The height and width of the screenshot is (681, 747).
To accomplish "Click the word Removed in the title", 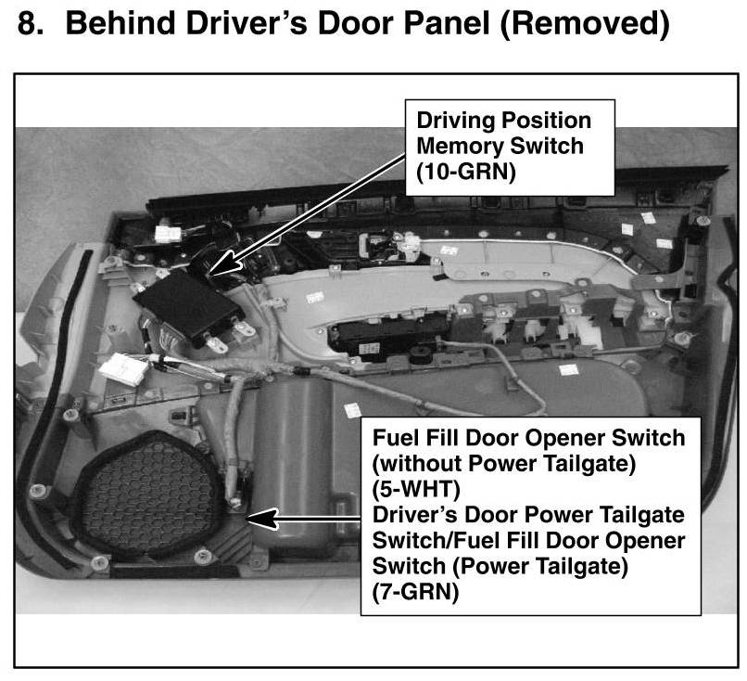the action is point(585,23).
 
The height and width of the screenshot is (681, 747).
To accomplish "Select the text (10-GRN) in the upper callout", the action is point(466,173).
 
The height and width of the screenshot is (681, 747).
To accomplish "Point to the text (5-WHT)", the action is point(416,489).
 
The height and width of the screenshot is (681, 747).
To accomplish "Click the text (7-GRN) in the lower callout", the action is point(415,592).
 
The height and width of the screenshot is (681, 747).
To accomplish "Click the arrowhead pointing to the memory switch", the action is point(223,263).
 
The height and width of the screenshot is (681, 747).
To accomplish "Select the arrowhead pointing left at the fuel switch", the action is point(261,519).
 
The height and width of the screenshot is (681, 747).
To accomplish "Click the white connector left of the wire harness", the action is point(124,368).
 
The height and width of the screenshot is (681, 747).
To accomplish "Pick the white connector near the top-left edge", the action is point(167,234).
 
